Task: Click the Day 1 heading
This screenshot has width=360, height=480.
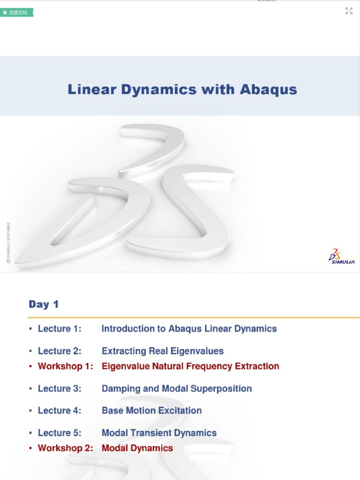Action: pyautogui.click(x=44, y=304)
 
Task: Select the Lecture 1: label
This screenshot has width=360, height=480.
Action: pyautogui.click(x=60, y=329)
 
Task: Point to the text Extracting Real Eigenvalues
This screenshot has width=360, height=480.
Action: pyautogui.click(x=163, y=351)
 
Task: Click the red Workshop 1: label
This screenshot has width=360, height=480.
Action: pyautogui.click(x=66, y=366)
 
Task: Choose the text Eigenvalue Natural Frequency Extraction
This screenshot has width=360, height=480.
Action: pyautogui.click(x=190, y=366)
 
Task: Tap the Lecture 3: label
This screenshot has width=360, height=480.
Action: pyautogui.click(x=60, y=389)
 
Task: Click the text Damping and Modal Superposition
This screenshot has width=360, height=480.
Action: pyautogui.click(x=177, y=389)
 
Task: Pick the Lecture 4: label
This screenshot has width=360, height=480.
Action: pyautogui.click(x=60, y=411)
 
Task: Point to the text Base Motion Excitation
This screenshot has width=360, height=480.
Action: pyautogui.click(x=152, y=411)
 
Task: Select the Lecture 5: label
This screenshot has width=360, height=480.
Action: pyautogui.click(x=60, y=433)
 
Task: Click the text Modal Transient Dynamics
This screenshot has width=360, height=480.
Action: pyautogui.click(x=159, y=433)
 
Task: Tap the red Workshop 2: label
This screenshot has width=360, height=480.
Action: pyautogui.click(x=66, y=448)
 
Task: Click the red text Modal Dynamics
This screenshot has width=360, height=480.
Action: pyautogui.click(x=137, y=448)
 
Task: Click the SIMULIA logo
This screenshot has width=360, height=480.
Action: pyautogui.click(x=341, y=256)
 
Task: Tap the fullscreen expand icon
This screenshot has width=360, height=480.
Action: pyautogui.click(x=349, y=11)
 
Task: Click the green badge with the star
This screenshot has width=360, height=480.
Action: pyautogui.click(x=17, y=12)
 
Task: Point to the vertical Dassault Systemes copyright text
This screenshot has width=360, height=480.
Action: pyautogui.click(x=8, y=243)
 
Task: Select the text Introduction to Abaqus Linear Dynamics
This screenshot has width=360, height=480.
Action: pyautogui.click(x=189, y=329)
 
